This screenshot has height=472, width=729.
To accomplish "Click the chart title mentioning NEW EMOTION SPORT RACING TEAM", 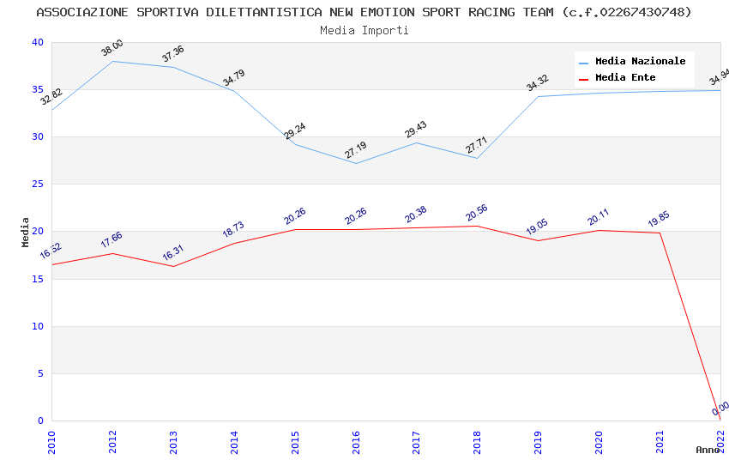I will (x=364, y=12).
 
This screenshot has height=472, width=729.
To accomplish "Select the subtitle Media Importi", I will (x=364, y=30).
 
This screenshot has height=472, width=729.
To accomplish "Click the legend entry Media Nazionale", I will (x=640, y=62).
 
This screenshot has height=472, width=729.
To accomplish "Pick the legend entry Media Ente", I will (x=625, y=78).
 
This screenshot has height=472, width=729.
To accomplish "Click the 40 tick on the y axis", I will (x=36, y=43).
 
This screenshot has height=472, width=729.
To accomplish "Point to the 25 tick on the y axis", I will (x=36, y=185).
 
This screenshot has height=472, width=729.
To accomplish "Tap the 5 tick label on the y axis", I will (x=39, y=373).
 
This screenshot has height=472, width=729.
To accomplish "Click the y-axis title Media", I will (x=26, y=232).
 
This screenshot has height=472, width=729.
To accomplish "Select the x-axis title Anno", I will (x=708, y=450).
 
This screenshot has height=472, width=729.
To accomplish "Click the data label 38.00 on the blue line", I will (x=112, y=48).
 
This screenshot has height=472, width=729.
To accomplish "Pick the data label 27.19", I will (x=356, y=150).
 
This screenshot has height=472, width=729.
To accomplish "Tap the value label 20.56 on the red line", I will (x=478, y=213).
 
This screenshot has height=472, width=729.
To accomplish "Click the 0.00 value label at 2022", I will (x=720, y=408).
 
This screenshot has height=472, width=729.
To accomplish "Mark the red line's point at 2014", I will (x=234, y=243).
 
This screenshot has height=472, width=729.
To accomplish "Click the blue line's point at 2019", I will (x=539, y=96).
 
